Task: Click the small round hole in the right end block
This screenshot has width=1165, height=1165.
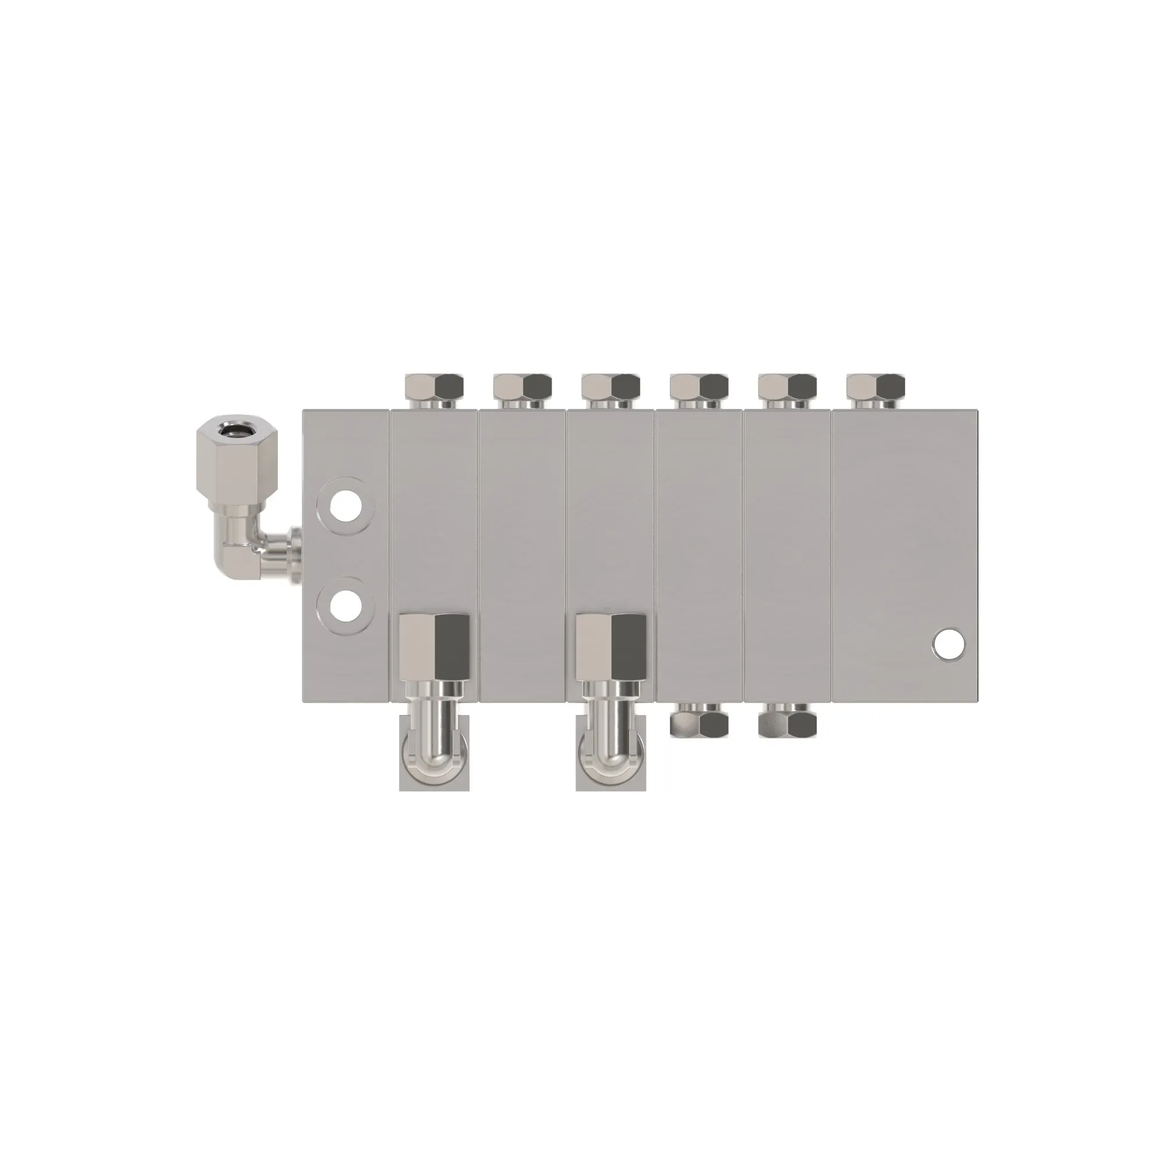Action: [x=948, y=644]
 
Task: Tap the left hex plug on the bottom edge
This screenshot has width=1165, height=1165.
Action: [x=699, y=723]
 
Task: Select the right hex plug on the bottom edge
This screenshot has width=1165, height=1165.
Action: [x=787, y=723]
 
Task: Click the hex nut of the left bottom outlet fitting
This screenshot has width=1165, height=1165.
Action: [x=434, y=647]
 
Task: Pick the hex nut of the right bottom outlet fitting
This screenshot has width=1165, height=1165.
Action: [x=611, y=647]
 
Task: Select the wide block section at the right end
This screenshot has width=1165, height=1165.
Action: [x=905, y=543]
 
